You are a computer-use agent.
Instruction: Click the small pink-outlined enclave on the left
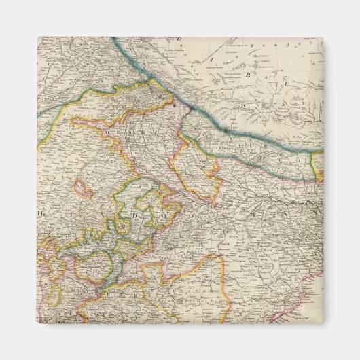coord(84,188)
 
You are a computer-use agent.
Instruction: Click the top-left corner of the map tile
coord(38,37)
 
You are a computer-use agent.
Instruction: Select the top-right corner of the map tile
coord(323,37)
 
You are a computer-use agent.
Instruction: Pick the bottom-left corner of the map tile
coord(38,323)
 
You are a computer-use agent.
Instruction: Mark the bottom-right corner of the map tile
coord(323,323)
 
